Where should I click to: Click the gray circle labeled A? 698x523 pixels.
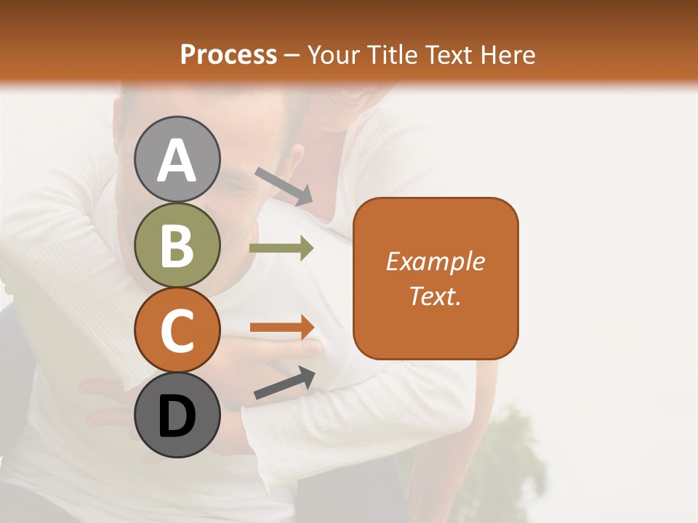tap(177, 159)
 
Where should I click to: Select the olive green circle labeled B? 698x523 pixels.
tap(177, 245)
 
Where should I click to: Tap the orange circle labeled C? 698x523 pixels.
tap(177, 330)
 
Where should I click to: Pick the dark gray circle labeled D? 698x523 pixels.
tap(177, 415)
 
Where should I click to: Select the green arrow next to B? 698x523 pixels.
tap(281, 248)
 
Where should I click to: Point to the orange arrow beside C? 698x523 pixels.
tap(282, 328)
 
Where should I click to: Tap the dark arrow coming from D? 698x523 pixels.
tap(284, 383)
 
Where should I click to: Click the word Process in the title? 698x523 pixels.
tap(228, 54)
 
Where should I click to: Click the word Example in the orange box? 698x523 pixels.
tap(435, 261)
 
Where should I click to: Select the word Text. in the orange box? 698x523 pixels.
tap(435, 296)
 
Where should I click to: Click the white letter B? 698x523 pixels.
tap(177, 246)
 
